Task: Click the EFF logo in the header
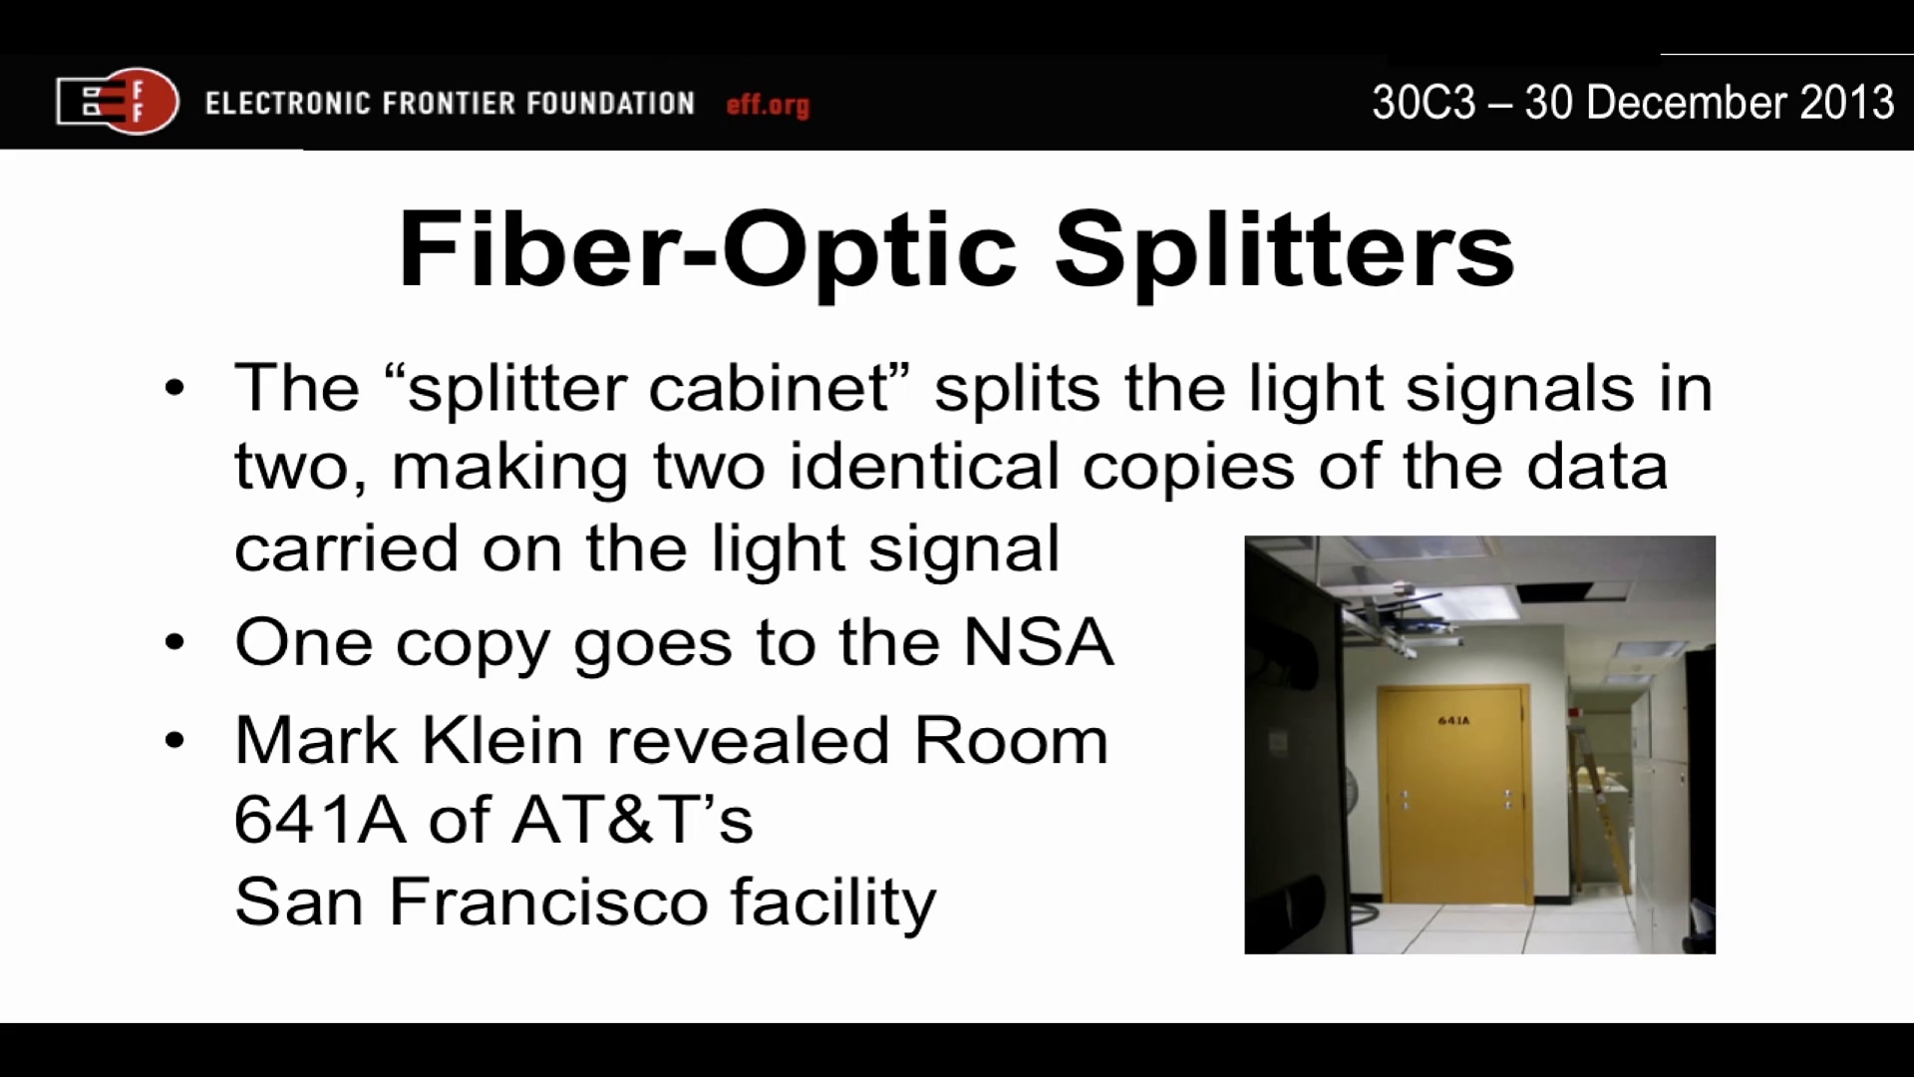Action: [x=118, y=101]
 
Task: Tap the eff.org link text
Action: [x=768, y=105]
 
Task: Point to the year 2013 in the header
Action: [x=1847, y=103]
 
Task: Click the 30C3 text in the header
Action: [x=1423, y=103]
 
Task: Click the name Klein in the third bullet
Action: [x=501, y=741]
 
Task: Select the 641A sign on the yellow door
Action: [x=1453, y=720]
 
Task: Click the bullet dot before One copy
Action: [x=174, y=643]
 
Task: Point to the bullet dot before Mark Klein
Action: [x=174, y=741]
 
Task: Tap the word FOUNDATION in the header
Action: [x=610, y=104]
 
